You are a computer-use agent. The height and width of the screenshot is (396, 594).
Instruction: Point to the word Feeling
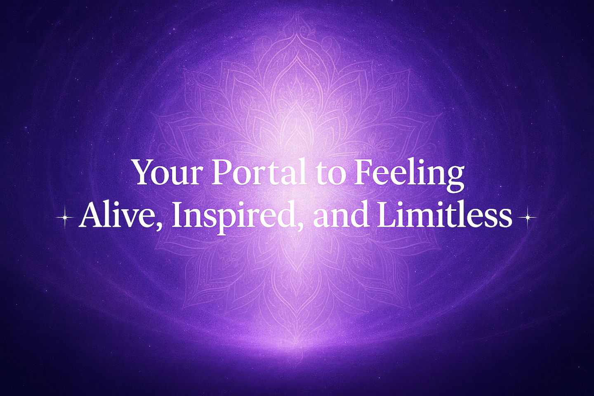[x=408, y=175]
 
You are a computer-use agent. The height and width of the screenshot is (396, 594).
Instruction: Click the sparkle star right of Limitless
[x=528, y=217]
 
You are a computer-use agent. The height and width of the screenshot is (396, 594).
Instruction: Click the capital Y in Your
[x=145, y=172]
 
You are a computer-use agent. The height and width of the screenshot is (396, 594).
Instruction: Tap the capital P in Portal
[x=221, y=172]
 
